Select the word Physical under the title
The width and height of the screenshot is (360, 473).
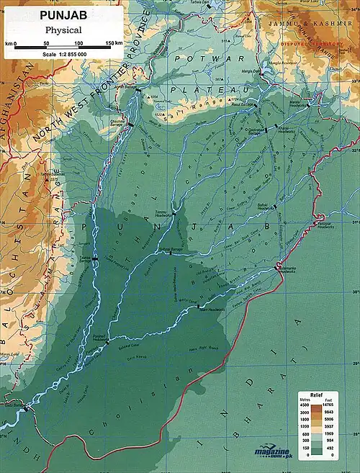click(63, 30)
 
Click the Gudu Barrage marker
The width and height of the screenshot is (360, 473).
click(27, 409)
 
